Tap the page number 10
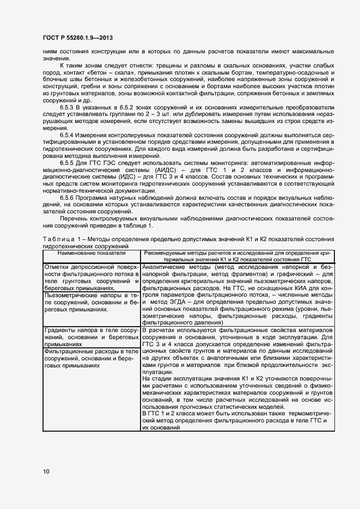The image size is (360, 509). point(46,471)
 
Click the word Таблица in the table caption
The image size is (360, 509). point(57,240)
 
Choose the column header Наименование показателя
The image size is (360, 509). point(91,254)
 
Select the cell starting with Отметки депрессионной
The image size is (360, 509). point(91,278)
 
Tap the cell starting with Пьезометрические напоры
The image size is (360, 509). point(91,302)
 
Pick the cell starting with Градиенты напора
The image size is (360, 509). point(91,338)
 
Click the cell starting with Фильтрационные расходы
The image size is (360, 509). point(91,359)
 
